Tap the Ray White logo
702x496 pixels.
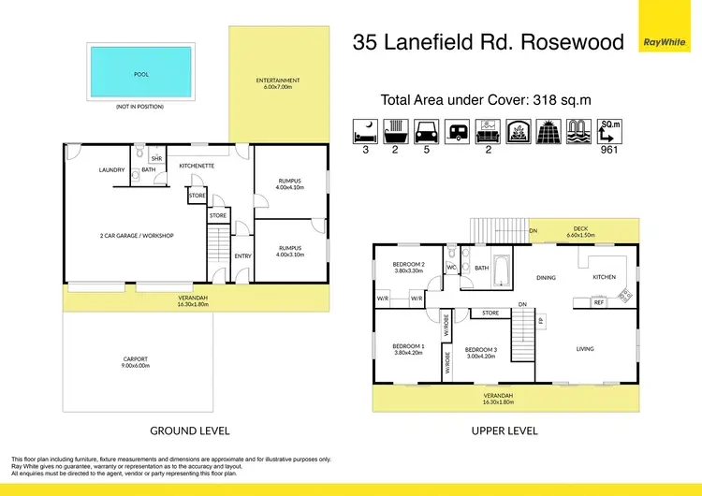tap(663, 41)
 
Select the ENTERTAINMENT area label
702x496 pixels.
tap(278, 80)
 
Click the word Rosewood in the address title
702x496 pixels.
tap(569, 41)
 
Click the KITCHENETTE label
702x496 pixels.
tap(197, 166)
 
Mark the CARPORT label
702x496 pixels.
tap(137, 359)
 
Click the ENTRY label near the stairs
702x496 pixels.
tap(242, 256)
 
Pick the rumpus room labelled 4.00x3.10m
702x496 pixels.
tap(289, 251)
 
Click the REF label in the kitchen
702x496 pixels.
tap(599, 302)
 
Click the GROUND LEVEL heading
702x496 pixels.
tap(190, 430)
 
